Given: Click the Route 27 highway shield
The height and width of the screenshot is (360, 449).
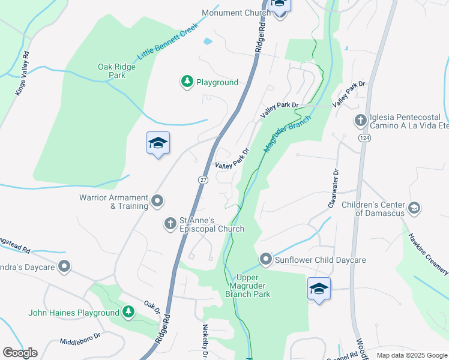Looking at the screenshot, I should click(x=203, y=179).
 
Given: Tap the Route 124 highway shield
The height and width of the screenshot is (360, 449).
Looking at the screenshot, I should click(x=364, y=138).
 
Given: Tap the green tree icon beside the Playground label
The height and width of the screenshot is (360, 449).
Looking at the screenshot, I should click(x=187, y=82).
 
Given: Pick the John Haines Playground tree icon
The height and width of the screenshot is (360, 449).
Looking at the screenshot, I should click(x=128, y=312).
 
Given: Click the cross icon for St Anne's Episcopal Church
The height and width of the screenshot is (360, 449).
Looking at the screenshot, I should click(x=170, y=224).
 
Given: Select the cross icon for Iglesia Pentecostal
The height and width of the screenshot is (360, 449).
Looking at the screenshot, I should click(x=360, y=121).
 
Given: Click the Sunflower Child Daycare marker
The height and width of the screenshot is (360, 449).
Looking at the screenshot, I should click(x=267, y=260).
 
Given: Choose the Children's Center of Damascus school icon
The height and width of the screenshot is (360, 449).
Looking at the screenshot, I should click(x=413, y=208).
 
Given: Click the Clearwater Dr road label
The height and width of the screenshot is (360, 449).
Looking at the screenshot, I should click(x=334, y=188).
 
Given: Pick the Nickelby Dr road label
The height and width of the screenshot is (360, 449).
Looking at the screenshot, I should click(x=205, y=341).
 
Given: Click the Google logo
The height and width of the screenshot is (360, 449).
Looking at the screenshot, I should click(x=20, y=353).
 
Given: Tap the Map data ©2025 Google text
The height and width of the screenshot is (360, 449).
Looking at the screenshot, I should click(x=411, y=355).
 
